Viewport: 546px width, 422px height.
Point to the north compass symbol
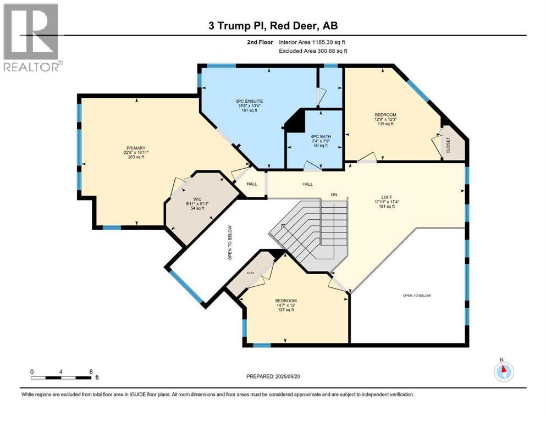(x=504, y=371)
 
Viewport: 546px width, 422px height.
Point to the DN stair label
(x=333, y=195)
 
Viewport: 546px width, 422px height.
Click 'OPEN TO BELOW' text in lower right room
(x=417, y=296)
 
